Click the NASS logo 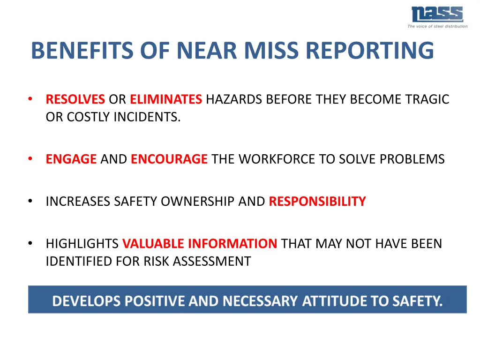pyautogui.click(x=437, y=14)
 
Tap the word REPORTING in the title pyautogui.click(x=370, y=51)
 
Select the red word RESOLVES pyautogui.click(x=75, y=99)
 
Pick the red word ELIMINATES pyautogui.click(x=166, y=99)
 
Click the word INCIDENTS pyautogui.click(x=147, y=117)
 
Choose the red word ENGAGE pyautogui.click(x=71, y=159)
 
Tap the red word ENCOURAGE pyautogui.click(x=169, y=159)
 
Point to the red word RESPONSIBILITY pyautogui.click(x=317, y=202)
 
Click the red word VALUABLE pyautogui.click(x=153, y=244)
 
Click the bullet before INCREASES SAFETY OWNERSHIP pyautogui.click(x=30, y=202)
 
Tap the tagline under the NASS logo pyautogui.click(x=437, y=26)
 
